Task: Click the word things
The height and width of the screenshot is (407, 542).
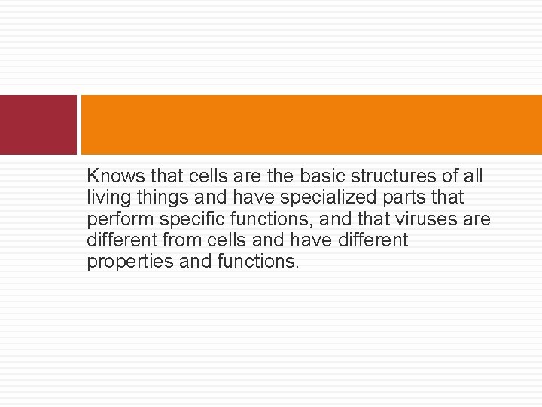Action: pyautogui.click(x=165, y=198)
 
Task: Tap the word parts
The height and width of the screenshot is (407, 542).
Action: pyautogui.click(x=399, y=198)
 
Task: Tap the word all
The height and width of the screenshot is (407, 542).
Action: pyautogui.click(x=473, y=176)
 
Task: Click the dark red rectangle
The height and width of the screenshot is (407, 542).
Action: pyautogui.click(x=38, y=124)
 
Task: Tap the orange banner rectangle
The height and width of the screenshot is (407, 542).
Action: pyautogui.click(x=311, y=124)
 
